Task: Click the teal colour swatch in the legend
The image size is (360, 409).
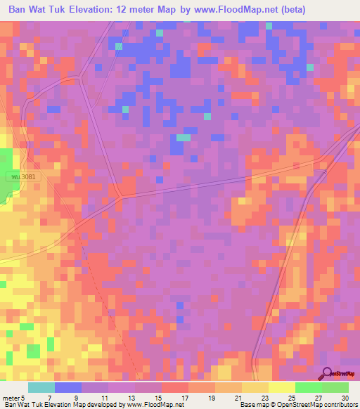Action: click(x=41, y=388)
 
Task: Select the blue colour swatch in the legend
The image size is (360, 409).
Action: click(x=68, y=388)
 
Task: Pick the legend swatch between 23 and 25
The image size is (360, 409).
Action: click(x=282, y=388)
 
